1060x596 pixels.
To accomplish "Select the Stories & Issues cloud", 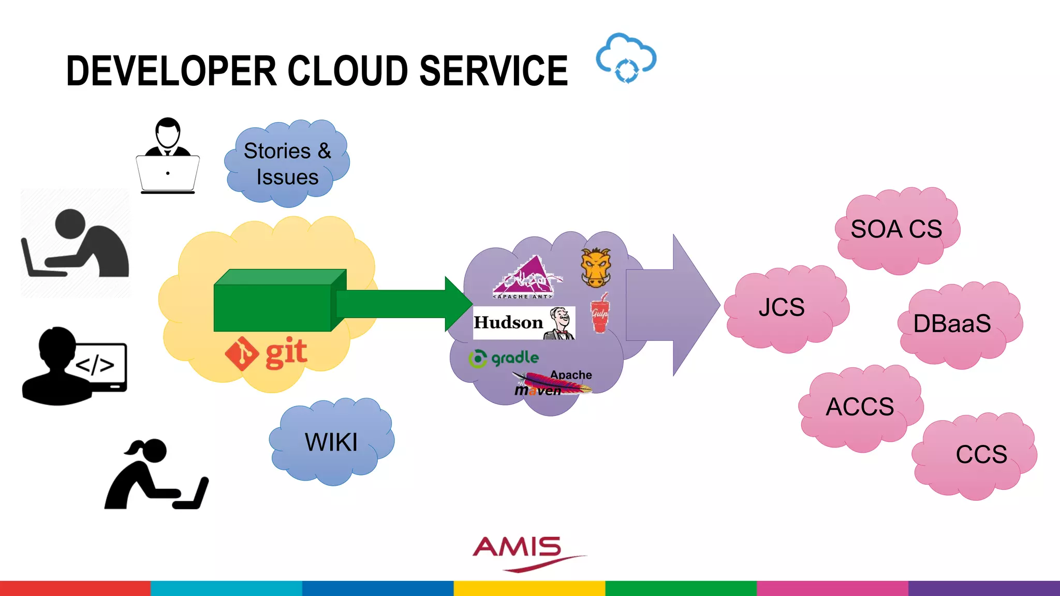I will coord(287,163).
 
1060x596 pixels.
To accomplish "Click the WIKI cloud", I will coord(331,442).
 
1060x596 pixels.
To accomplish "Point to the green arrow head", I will coord(458,304).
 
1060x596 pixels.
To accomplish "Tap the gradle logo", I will coord(504,358).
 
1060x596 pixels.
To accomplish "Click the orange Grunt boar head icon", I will coord(596,267).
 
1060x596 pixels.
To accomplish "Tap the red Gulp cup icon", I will coord(600,313).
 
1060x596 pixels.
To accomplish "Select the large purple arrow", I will coord(673,305).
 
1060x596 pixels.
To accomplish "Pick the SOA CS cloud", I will coord(896,230).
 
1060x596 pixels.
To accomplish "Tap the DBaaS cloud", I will coord(952,324).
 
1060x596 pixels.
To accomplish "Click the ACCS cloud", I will coord(860,407).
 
